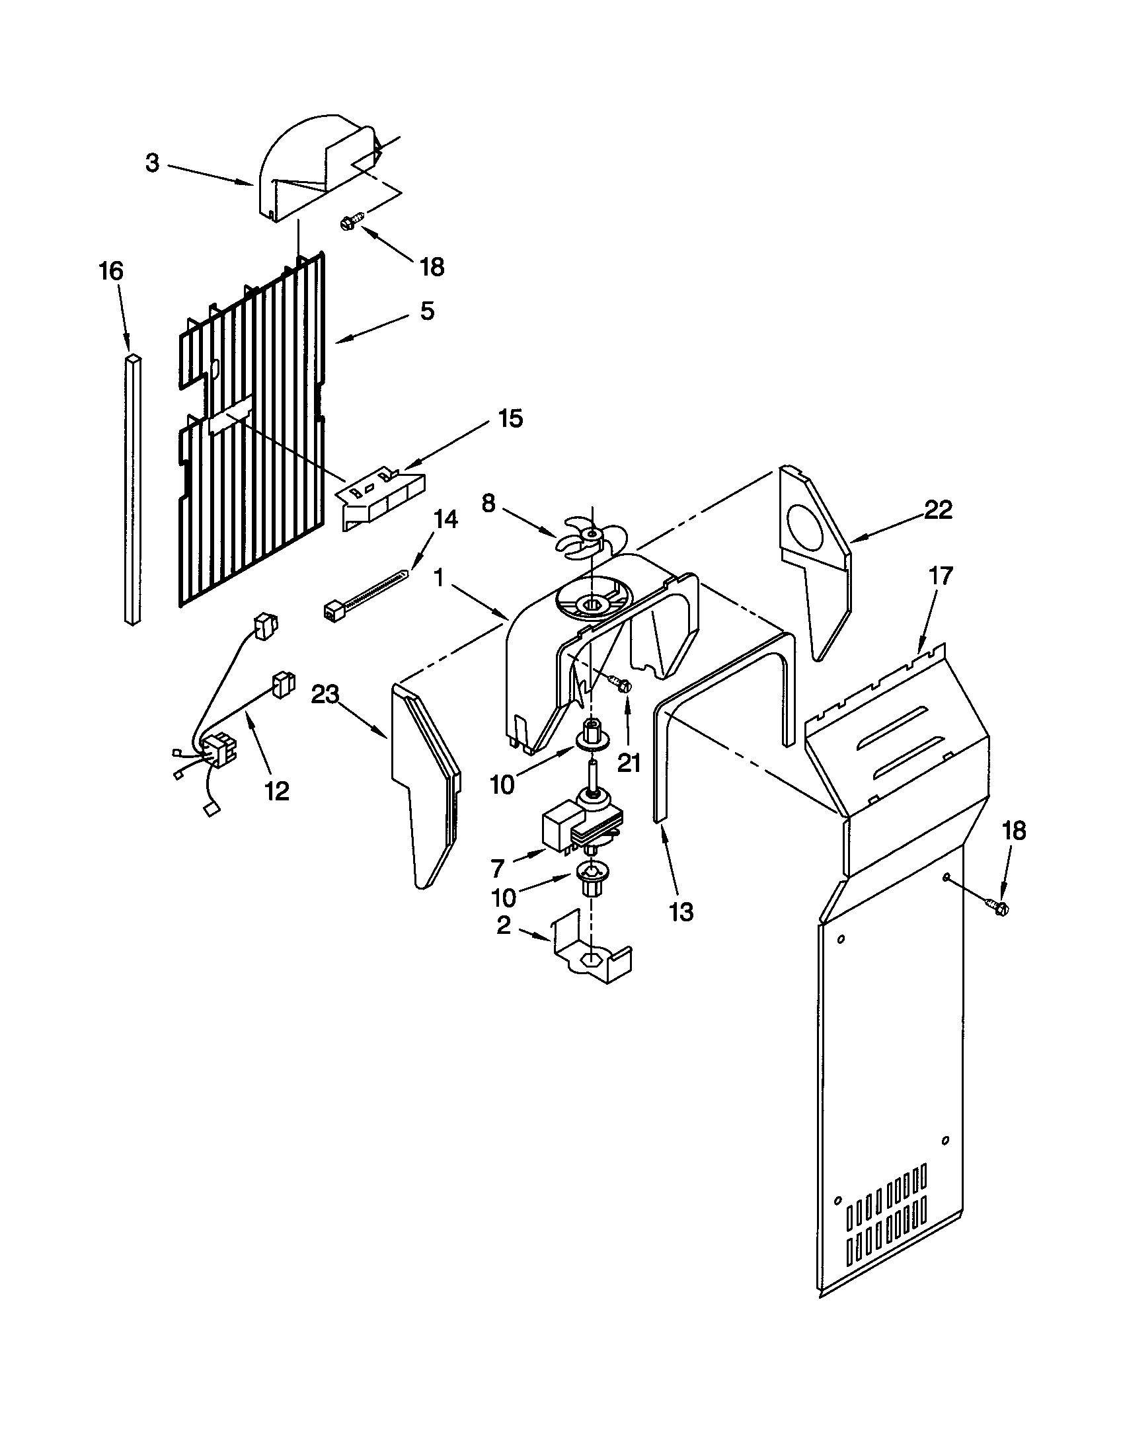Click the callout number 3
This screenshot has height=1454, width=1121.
(x=153, y=163)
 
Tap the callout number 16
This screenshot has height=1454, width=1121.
(x=111, y=272)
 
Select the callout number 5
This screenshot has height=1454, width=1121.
(x=427, y=310)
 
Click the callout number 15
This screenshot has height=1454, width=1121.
(x=510, y=419)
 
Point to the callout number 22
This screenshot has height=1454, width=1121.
(x=938, y=510)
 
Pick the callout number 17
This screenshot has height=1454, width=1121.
(x=941, y=575)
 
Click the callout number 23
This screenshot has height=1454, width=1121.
(x=325, y=695)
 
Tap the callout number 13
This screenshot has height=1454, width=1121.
(x=681, y=911)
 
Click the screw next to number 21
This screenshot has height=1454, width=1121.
(x=619, y=683)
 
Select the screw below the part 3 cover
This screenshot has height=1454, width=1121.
(x=352, y=221)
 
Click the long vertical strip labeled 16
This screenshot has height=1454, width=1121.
(x=133, y=489)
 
